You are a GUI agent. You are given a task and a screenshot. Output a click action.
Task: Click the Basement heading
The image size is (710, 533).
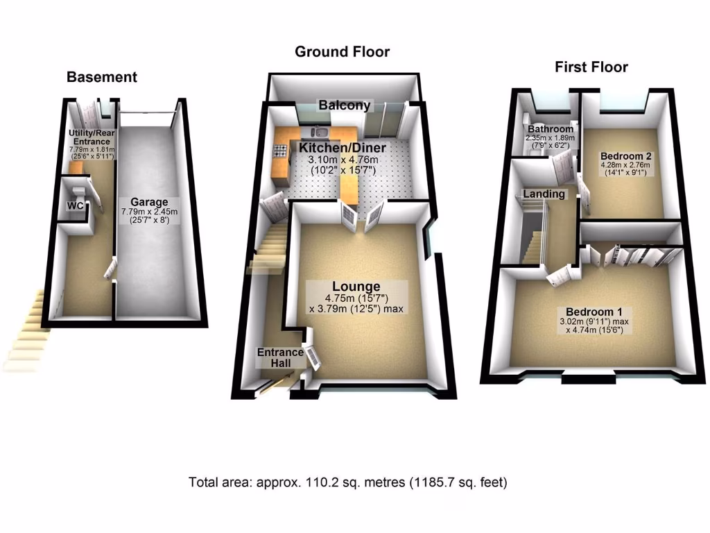pyautogui.click(x=101, y=77)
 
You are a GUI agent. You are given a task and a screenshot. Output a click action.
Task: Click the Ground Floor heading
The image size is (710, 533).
pyautogui.click(x=342, y=51)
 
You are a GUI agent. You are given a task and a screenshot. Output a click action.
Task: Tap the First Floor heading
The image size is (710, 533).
pyautogui.click(x=591, y=67)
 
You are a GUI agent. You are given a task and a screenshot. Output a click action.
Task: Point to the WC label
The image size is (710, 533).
pyautogui.click(x=76, y=206)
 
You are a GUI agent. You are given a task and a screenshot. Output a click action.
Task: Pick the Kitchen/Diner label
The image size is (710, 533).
pyautogui.click(x=343, y=148)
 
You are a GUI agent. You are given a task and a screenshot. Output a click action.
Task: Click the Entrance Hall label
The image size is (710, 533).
pyautogui.click(x=280, y=357)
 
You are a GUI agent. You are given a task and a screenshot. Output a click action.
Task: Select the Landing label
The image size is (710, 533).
pyautogui.click(x=544, y=194)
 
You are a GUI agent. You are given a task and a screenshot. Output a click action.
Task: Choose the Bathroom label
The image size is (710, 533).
pyautogui.click(x=551, y=129)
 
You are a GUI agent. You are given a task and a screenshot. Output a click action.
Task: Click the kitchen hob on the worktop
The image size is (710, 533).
pyautogui.click(x=281, y=150)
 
